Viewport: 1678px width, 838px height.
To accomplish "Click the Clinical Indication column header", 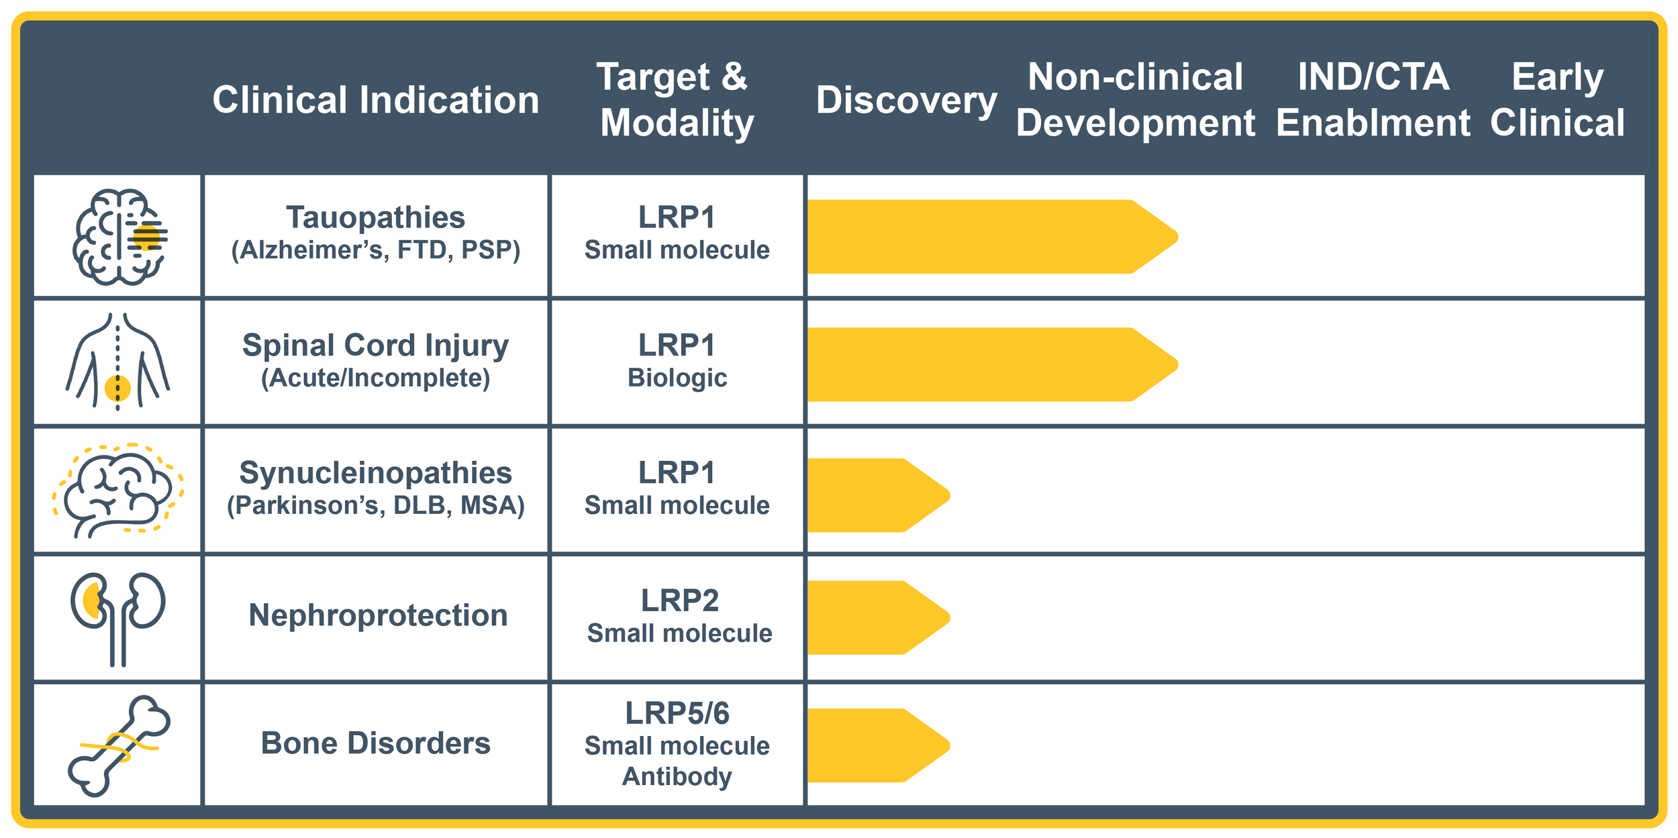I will click(x=376, y=100).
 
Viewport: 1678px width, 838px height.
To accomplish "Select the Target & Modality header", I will click(x=677, y=100).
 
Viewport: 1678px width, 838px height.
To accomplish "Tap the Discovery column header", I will click(x=906, y=100).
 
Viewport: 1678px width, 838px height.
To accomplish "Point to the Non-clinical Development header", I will click(x=1135, y=100).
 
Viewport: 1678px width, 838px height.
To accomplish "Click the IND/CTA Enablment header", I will click(x=1373, y=100).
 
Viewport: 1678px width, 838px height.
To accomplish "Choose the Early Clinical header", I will click(x=1557, y=100).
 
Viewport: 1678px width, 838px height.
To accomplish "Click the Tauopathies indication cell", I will click(x=376, y=233).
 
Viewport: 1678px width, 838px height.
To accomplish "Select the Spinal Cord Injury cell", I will click(x=376, y=361).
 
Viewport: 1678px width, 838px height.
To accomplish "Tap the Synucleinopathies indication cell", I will click(x=376, y=488).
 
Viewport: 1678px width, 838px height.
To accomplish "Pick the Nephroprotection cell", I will click(x=378, y=615).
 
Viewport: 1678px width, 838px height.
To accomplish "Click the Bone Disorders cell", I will click(x=376, y=743).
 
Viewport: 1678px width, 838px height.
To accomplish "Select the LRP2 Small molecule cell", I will click(x=679, y=616).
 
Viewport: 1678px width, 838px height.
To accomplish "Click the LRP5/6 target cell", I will click(x=677, y=743).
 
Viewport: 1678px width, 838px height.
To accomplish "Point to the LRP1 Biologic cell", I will click(x=677, y=361).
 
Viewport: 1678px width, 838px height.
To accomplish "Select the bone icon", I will click(x=119, y=746).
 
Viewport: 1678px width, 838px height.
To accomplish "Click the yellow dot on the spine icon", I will click(x=117, y=388).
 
